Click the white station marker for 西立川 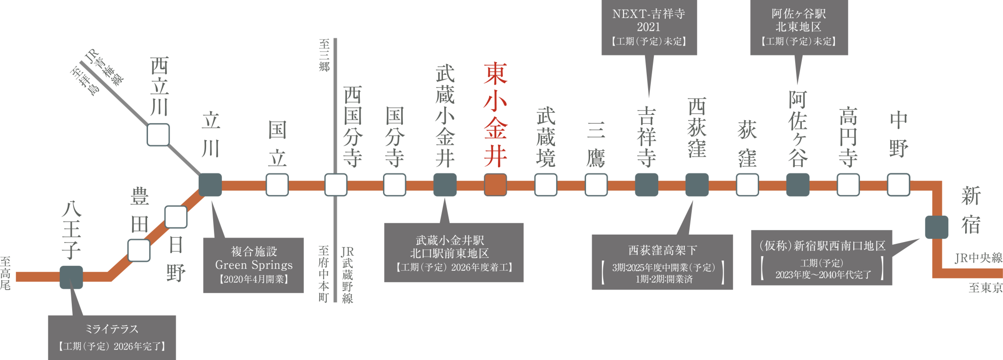click(158, 135)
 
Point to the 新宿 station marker click(936, 227)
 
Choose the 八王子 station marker click(71, 277)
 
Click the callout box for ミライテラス click(112, 337)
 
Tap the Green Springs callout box click(254, 265)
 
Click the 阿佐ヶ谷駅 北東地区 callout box click(799, 27)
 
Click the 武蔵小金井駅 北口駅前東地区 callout click(454, 253)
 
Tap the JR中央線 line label click(978, 258)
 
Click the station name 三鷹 click(596, 144)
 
